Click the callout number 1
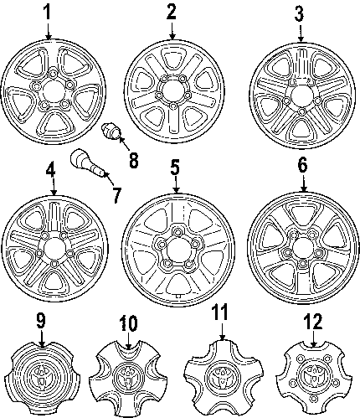[48, 13]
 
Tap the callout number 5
[175, 168]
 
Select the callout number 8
[133, 160]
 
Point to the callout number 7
[116, 194]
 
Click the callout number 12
[313, 322]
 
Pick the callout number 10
[129, 323]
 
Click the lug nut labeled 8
[111, 132]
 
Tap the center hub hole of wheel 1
[53, 92]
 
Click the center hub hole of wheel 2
[172, 91]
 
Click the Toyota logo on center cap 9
[43, 377]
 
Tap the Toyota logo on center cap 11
[223, 376]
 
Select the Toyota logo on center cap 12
[313, 375]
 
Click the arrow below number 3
[301, 34]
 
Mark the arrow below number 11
[222, 332]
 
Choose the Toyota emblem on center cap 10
[128, 376]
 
